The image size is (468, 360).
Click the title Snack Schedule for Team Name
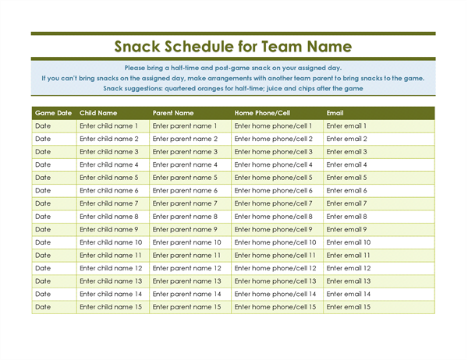click(232, 47)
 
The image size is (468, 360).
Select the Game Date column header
click(53, 113)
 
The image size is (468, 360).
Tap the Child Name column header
click(98, 113)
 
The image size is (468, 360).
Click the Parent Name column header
click(173, 113)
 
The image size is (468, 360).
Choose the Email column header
click(335, 113)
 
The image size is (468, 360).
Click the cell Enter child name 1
click(109, 126)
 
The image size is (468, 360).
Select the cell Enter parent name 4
click(185, 165)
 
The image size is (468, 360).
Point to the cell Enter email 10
click(349, 242)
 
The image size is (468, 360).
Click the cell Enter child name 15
click(111, 307)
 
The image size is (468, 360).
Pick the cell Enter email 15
click(349, 307)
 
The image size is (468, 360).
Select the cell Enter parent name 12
click(186, 268)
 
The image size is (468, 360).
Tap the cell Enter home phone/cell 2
click(274, 139)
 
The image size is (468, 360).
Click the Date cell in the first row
click(43, 126)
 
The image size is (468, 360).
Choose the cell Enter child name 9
click(109, 230)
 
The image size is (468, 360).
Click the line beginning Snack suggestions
click(232, 89)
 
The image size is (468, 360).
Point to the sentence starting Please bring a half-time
click(232, 68)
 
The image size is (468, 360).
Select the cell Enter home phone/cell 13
click(275, 281)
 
